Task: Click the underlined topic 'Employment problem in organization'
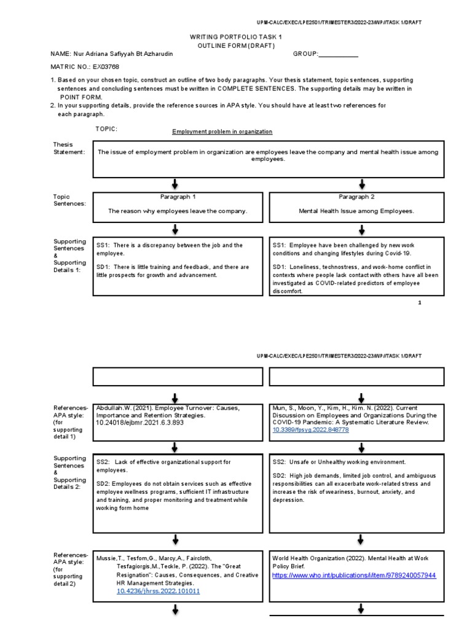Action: point(222,131)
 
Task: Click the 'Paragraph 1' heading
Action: point(177,197)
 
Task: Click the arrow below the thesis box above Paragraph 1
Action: point(176,184)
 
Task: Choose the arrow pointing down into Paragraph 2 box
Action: point(361,184)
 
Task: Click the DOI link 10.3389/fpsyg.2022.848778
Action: point(310,431)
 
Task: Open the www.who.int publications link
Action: point(353,576)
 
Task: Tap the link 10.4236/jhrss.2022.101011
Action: point(158,591)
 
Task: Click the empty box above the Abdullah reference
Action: point(176,376)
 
